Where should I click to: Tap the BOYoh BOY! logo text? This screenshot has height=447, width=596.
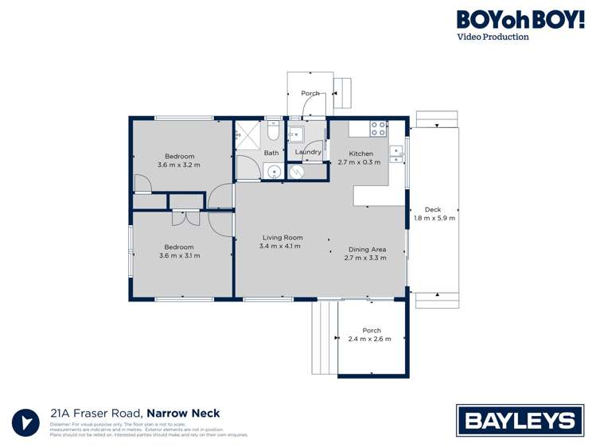point(520,20)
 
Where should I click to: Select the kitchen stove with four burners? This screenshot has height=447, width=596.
point(378,128)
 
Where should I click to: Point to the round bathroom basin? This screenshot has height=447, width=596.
point(273,171)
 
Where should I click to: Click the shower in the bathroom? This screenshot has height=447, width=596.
point(247,134)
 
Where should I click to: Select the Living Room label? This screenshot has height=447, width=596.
point(283,237)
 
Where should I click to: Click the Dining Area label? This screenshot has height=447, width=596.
point(365,249)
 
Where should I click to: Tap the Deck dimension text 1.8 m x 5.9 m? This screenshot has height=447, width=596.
point(434,219)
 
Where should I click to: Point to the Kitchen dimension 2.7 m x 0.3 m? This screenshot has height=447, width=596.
point(360,162)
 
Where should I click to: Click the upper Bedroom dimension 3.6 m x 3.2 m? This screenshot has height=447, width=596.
point(179,165)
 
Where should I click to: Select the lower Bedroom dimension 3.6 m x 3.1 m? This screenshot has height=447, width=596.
point(179,256)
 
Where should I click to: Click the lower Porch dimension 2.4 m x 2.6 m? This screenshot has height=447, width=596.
point(370,340)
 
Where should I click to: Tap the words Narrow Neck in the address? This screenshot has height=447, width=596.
point(183,413)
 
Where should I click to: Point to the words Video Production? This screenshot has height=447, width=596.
point(492,37)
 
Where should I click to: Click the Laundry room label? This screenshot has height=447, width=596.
point(308,152)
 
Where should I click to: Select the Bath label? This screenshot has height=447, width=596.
point(271,153)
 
